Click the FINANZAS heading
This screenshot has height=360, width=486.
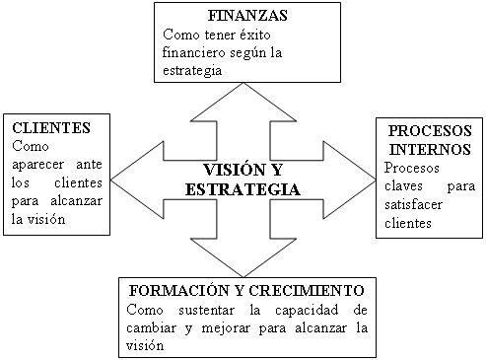pyautogui.click(x=247, y=16)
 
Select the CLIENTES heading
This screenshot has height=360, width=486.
pyautogui.click(x=51, y=128)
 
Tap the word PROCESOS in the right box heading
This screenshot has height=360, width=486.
pyautogui.click(x=430, y=131)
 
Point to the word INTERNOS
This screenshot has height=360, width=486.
pyautogui.click(x=430, y=149)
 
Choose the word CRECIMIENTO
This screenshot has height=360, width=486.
pyautogui.click(x=307, y=290)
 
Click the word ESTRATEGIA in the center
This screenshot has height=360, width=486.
pyautogui.click(x=243, y=189)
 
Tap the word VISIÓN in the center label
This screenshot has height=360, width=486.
pyautogui.click(x=234, y=170)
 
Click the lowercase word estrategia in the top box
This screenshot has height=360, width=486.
pyautogui.click(x=192, y=71)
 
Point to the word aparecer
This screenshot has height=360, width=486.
pyautogui.click(x=37, y=165)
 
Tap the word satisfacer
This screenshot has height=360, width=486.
pyautogui.click(x=413, y=205)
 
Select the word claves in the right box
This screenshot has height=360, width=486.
pyautogui.click(x=403, y=186)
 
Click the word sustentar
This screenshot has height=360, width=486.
pyautogui.click(x=206, y=310)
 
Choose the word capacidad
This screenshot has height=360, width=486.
pyautogui.click(x=307, y=310)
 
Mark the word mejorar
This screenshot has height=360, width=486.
pyautogui.click(x=226, y=328)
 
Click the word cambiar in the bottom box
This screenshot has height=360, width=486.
pyautogui.click(x=151, y=327)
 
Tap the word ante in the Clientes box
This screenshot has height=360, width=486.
pyautogui.click(x=89, y=164)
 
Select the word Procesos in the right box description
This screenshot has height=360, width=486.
pyautogui.click(x=412, y=168)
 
